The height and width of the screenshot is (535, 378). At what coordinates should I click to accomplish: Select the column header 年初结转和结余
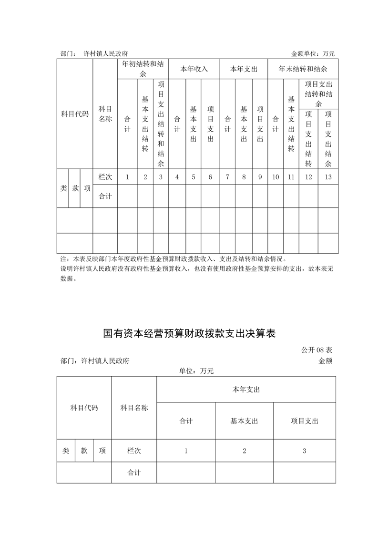click(x=143, y=69)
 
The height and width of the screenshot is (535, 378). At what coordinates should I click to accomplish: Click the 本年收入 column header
click(x=194, y=69)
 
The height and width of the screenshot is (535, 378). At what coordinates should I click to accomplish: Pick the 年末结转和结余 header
click(x=303, y=69)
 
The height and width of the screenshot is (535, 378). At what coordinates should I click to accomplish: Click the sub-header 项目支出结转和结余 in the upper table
click(x=318, y=93)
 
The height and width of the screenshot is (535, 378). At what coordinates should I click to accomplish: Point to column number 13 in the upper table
click(x=328, y=177)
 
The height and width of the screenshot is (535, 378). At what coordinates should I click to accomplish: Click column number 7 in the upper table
click(x=227, y=177)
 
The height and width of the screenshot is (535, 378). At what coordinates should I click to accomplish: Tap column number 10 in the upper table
click(x=276, y=177)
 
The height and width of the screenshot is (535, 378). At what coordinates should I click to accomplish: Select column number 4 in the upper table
click(x=177, y=177)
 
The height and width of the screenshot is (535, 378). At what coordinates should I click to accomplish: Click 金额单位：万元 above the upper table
click(x=313, y=54)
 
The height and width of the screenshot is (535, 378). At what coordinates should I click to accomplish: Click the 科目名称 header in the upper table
click(x=105, y=114)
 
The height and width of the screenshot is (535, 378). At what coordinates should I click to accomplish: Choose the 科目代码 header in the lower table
click(x=84, y=408)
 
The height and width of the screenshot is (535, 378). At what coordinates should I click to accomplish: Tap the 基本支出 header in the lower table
click(x=244, y=421)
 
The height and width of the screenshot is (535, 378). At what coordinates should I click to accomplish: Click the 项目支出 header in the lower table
click(x=305, y=421)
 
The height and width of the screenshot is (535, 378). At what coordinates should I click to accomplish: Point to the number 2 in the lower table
click(x=244, y=451)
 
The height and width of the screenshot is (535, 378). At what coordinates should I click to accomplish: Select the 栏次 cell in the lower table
click(x=134, y=451)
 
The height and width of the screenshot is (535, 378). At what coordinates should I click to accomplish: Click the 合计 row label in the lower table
click(x=134, y=473)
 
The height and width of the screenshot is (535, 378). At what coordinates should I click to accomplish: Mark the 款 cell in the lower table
click(x=84, y=451)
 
